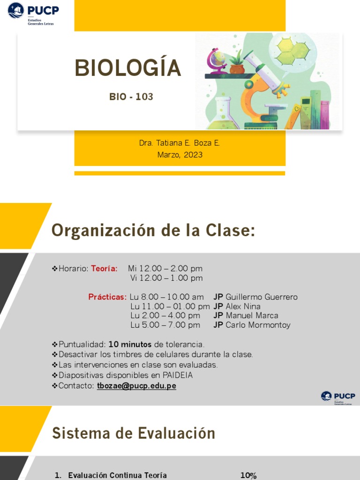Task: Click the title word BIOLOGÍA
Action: tap(127, 68)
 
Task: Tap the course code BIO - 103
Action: tap(131, 97)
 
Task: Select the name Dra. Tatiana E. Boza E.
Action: tap(180, 143)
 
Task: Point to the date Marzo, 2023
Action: tap(180, 154)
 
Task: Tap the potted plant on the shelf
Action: tap(237, 63)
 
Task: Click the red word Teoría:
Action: tap(104, 269)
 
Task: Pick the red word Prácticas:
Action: tap(107, 297)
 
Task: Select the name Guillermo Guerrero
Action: tap(261, 297)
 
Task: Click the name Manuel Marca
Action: tap(252, 315)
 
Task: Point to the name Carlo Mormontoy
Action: tap(258, 325)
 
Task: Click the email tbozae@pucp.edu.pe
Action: tap(136, 386)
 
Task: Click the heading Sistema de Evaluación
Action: tap(134, 433)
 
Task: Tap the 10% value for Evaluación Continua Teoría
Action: tap(248, 475)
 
